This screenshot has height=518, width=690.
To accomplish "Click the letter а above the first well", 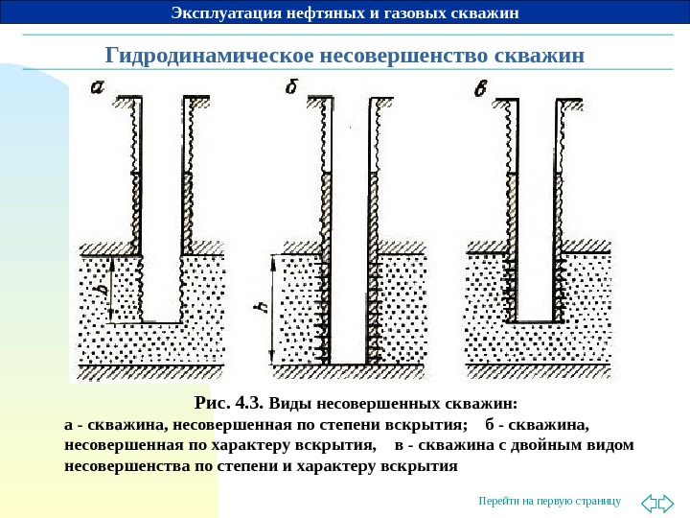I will [x=98, y=89].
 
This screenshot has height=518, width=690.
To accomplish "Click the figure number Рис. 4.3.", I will [x=229, y=402].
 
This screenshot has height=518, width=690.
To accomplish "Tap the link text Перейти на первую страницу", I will [x=550, y=501].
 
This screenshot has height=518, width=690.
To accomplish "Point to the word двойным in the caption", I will [x=540, y=446].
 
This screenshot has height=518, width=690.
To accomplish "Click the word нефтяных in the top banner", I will [x=331, y=12].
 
